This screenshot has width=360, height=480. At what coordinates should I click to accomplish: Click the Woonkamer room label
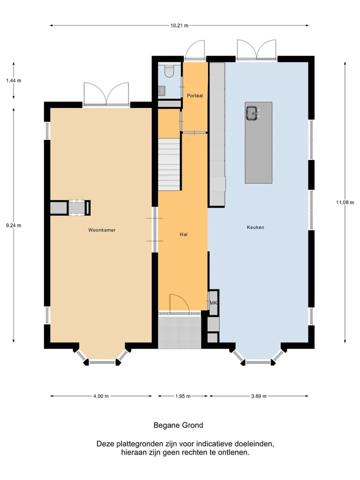pyautogui.click(x=102, y=230)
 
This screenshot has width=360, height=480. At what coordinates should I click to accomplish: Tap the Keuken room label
pyautogui.click(x=255, y=227)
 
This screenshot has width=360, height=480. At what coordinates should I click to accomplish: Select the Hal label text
pyautogui.click(x=183, y=234)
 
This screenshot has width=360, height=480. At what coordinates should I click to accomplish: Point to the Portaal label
pyautogui.click(x=195, y=95)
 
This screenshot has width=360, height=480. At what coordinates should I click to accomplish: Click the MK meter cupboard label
pyautogui.click(x=213, y=303)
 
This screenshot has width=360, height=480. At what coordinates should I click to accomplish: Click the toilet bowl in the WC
pyautogui.click(x=168, y=70)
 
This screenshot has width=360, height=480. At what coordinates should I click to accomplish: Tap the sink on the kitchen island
pyautogui.click(x=253, y=113)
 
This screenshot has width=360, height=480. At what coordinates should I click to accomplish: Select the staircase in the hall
pyautogui.click(x=168, y=164)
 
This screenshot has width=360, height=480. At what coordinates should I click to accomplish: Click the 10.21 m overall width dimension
pyautogui.click(x=179, y=25)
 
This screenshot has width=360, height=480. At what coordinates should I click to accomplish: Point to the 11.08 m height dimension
pyautogui.click(x=345, y=202)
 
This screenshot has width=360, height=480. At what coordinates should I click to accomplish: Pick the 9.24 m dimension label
pyautogui.click(x=14, y=225)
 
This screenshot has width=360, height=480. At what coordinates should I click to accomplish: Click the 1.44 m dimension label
pyautogui.click(x=14, y=81)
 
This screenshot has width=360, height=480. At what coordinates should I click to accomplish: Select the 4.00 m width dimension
pyautogui.click(x=101, y=396)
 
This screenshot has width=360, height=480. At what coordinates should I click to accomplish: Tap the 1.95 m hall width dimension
pyautogui.click(x=183, y=396)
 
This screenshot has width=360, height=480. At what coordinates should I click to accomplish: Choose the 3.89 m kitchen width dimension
pyautogui.click(x=259, y=396)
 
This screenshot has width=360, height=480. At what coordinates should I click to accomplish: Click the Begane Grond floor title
pyautogui.click(x=178, y=425)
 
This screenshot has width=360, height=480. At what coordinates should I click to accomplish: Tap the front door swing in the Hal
pyautogui.click(x=179, y=303)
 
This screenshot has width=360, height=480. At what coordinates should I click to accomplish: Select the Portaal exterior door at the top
pyautogui.click(x=194, y=49)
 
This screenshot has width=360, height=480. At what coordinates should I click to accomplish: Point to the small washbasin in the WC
pyautogui.click(x=162, y=90)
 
